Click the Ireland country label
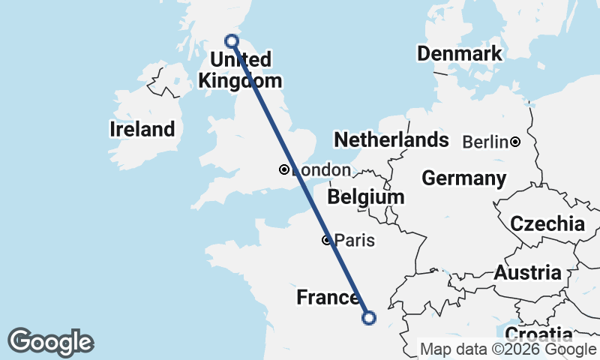142,129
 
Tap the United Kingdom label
241,70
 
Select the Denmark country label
459,54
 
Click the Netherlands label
391,140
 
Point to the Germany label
463,178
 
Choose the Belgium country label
366,197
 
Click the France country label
328,298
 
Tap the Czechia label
547,223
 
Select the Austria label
526,273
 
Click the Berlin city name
485,142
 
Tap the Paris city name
355,241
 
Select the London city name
321,170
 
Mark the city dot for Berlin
516,142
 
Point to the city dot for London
284,169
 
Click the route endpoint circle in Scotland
232,40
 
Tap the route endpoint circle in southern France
368,318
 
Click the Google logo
50,342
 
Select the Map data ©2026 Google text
508,349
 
